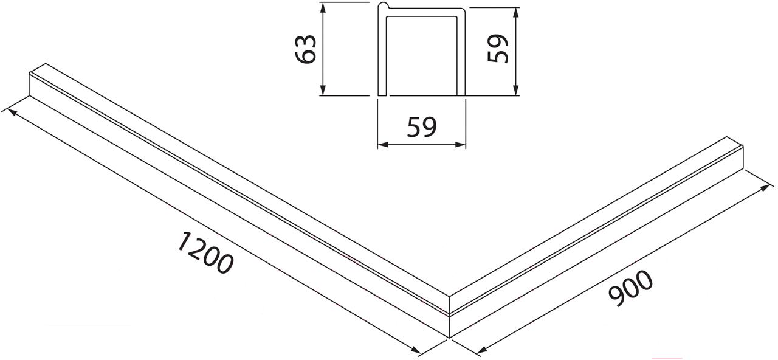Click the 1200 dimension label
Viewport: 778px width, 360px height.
(205, 252)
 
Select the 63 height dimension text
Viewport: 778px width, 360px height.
(305, 49)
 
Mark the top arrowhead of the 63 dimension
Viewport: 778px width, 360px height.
(323, 8)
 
